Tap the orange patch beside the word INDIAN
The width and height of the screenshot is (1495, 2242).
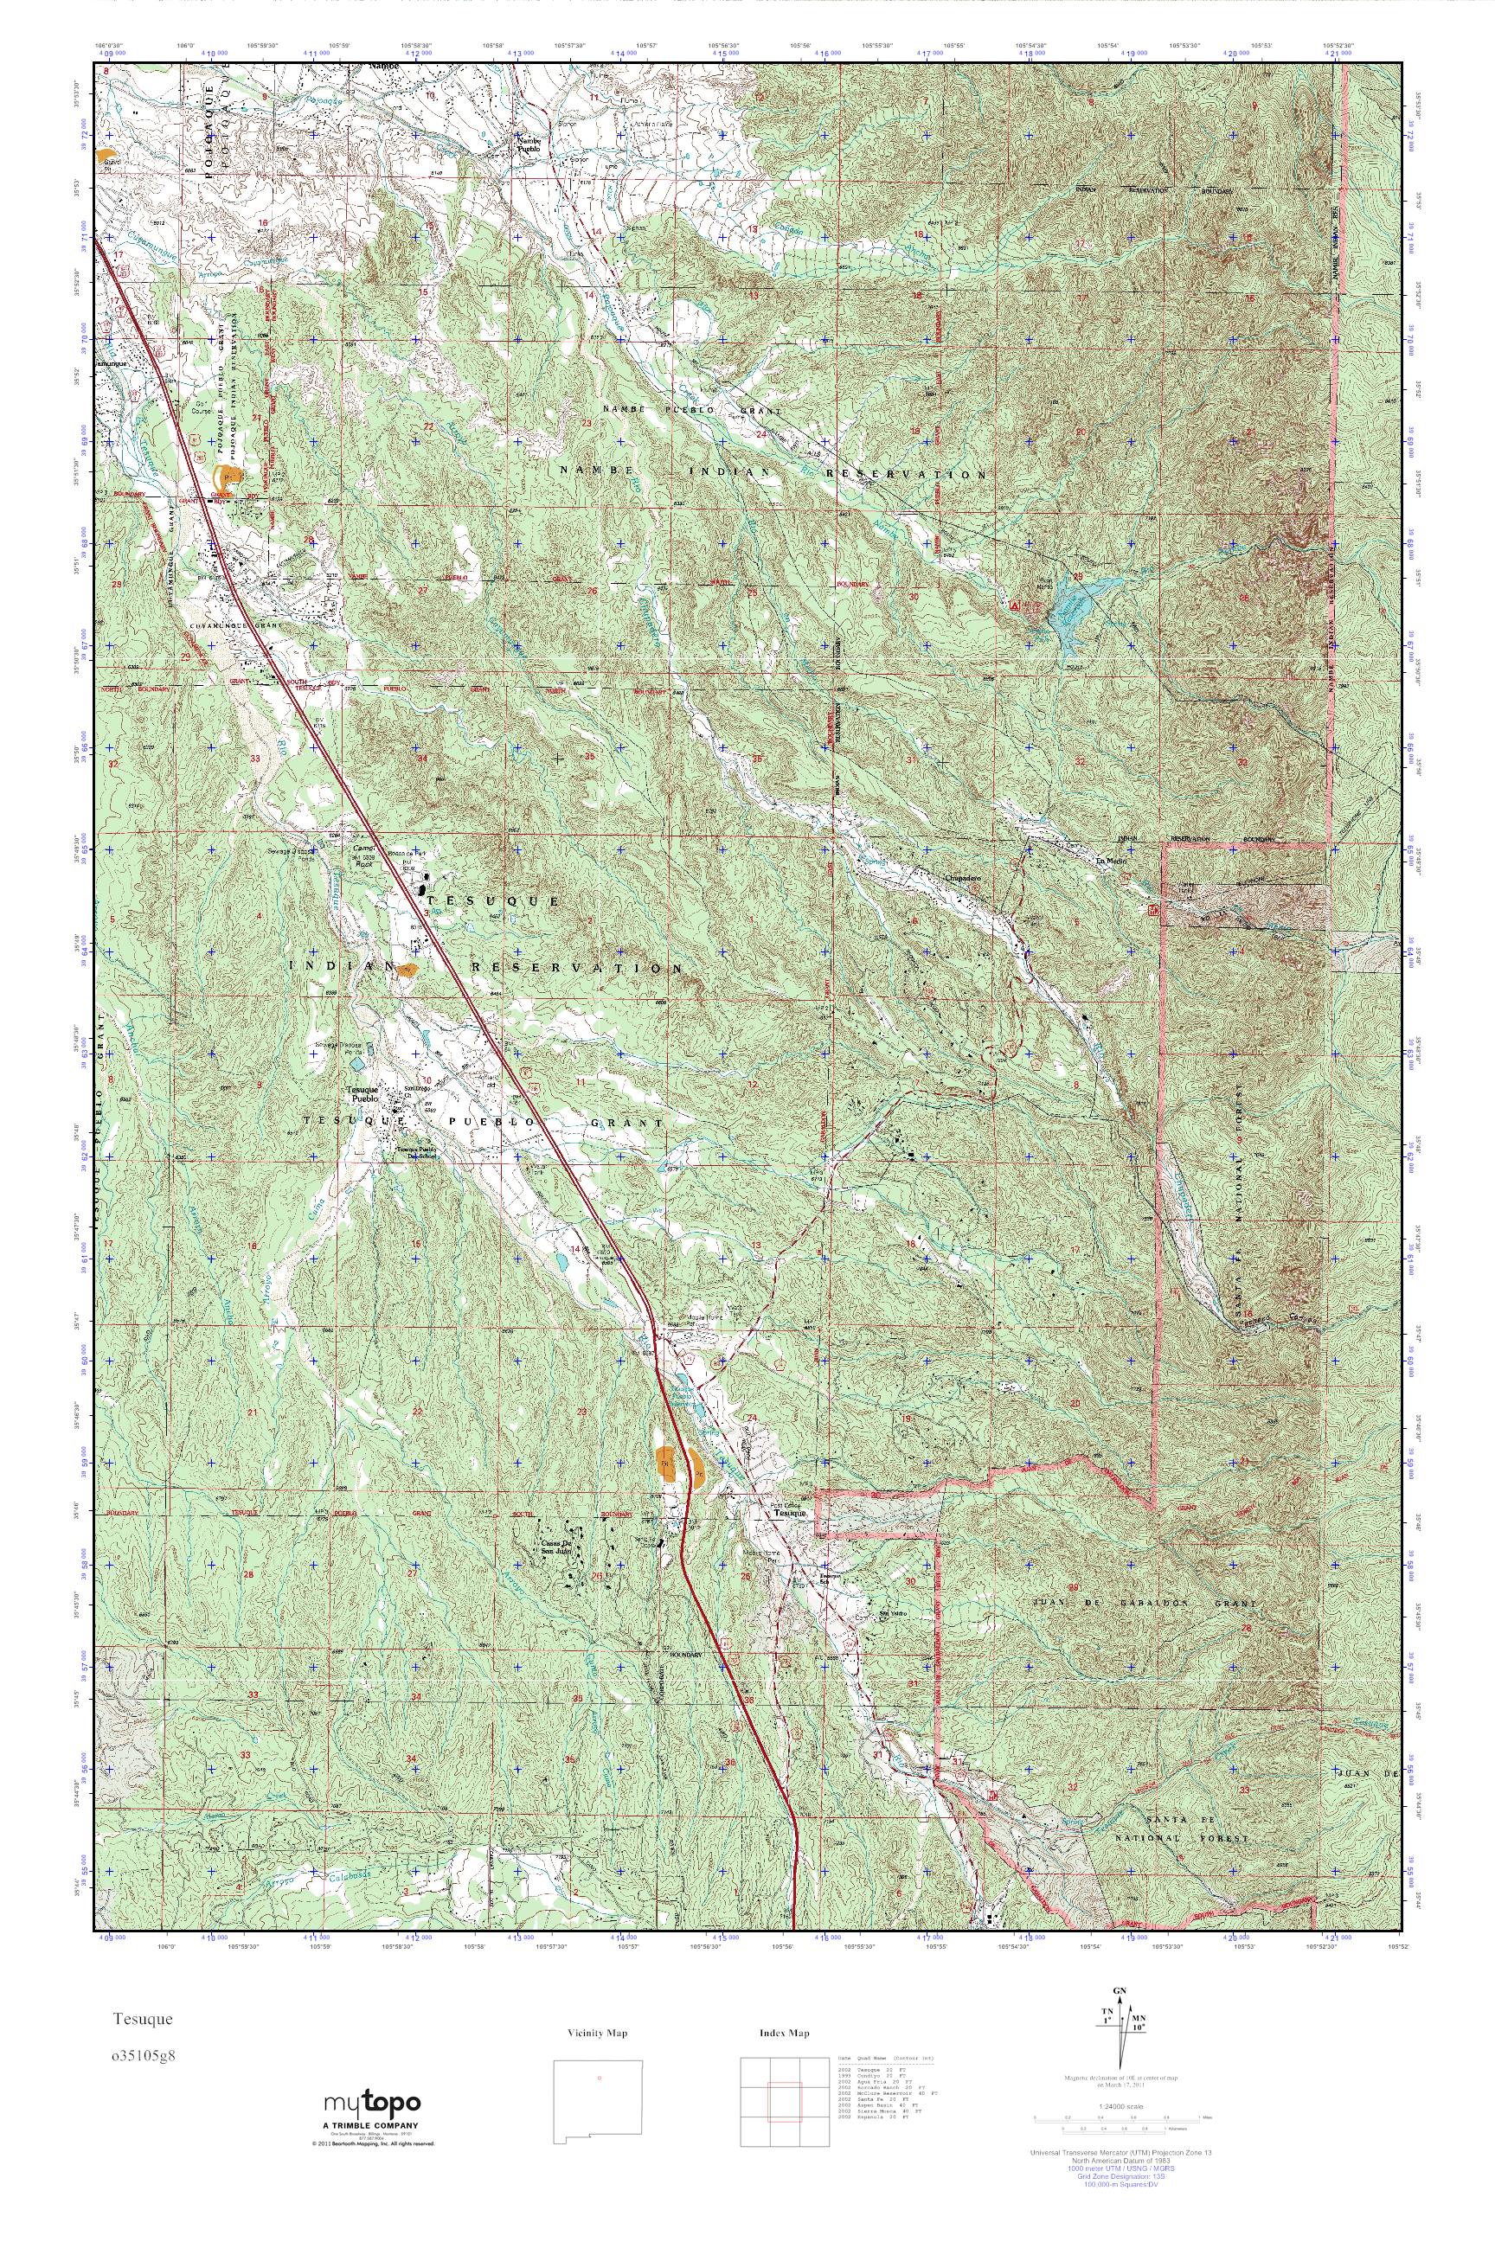point(407,970)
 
